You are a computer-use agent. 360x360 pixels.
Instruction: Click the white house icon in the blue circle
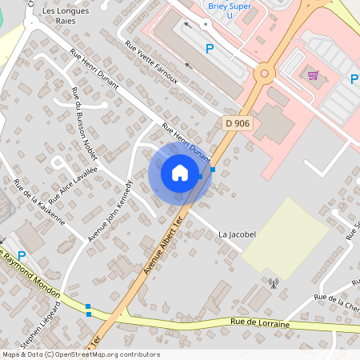180,173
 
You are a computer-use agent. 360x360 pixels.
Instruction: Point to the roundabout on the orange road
265,74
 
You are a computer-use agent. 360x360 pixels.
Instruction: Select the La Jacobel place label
237,234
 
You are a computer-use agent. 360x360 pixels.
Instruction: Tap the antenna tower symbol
274,282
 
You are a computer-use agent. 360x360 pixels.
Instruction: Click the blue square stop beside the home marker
213,170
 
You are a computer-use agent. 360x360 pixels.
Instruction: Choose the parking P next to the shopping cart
354,78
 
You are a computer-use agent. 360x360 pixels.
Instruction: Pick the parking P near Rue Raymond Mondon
22,255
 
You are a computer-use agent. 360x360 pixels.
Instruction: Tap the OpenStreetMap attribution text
80,354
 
